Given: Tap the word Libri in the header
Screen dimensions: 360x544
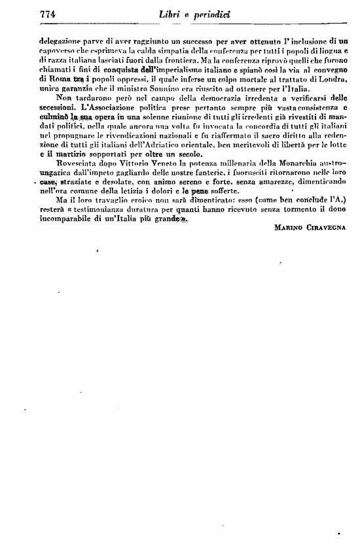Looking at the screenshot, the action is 170,14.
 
